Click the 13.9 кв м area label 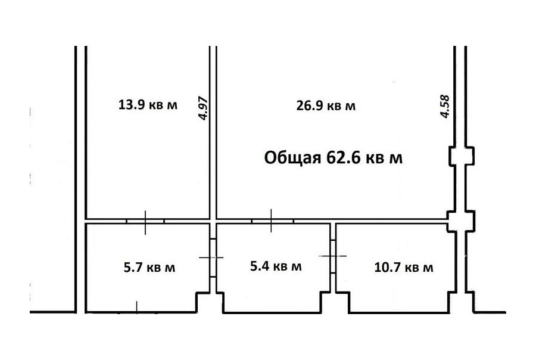pyautogui.click(x=148, y=104)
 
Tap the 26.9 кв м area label pyautogui.click(x=326, y=105)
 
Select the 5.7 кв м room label pyautogui.click(x=149, y=267)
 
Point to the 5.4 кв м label pyautogui.click(x=276, y=266)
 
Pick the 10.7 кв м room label pyautogui.click(x=404, y=267)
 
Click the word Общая pyautogui.click(x=292, y=159)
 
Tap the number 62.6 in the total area pyautogui.click(x=344, y=158)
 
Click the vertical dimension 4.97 pyautogui.click(x=203, y=108)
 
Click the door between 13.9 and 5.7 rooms pyautogui.click(x=145, y=222)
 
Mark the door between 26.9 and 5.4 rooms pyautogui.click(x=272, y=221)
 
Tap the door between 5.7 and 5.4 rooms pyautogui.click(x=212, y=257)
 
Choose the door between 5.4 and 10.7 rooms pyautogui.click(x=333, y=256)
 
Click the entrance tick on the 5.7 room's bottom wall pyautogui.click(x=137, y=307)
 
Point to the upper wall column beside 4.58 pyautogui.click(x=461, y=156)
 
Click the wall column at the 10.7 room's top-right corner pyautogui.click(x=461, y=221)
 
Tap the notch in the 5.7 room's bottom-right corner pyautogui.click(x=202, y=302)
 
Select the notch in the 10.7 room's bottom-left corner pyautogui.click(x=343, y=302)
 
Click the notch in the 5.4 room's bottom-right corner pyautogui.click(x=325, y=302)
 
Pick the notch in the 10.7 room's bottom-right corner pyautogui.click(x=453, y=302)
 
